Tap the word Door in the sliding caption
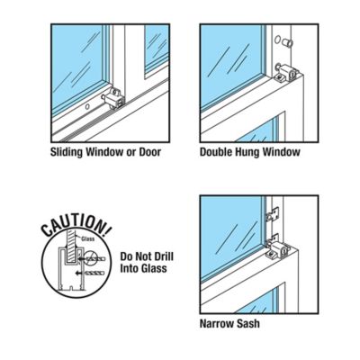pos(149,152)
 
